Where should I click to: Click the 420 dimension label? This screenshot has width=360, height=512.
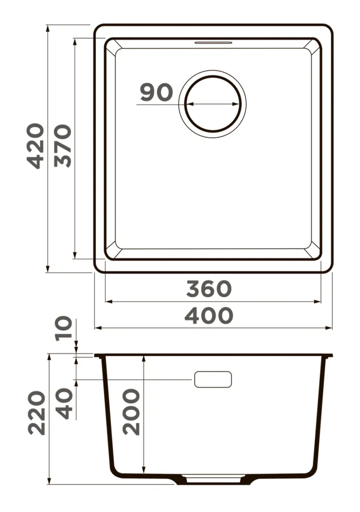(35, 146)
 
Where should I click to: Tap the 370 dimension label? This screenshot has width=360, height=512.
(62, 146)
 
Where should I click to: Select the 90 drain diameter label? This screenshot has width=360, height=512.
(156, 92)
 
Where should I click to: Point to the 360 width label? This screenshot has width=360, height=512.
(209, 289)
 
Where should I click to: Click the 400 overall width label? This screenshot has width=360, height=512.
(209, 315)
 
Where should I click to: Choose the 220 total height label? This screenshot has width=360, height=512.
(36, 413)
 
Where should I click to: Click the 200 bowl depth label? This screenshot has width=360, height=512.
(131, 412)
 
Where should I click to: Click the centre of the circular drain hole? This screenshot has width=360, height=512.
(213, 104)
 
